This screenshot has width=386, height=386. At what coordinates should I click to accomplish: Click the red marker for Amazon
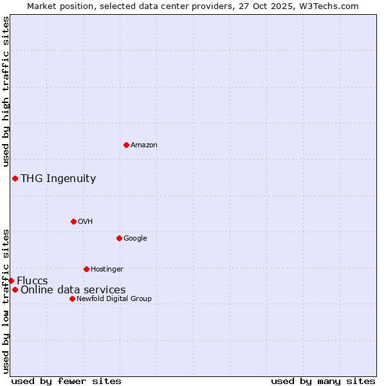(x=126, y=145)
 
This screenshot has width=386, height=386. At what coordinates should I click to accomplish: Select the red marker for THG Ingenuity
(x=15, y=178)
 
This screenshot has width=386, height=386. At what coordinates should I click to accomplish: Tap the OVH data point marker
(x=73, y=221)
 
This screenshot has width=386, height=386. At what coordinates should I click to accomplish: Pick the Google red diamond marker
(x=119, y=238)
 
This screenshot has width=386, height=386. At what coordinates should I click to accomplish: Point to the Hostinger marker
(x=86, y=269)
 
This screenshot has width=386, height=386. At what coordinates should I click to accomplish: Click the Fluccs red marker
(x=11, y=280)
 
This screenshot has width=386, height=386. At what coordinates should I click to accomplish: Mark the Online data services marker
(x=15, y=289)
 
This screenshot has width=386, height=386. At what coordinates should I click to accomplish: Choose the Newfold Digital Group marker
(x=72, y=299)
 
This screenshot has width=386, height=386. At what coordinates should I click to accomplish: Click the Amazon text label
(x=144, y=145)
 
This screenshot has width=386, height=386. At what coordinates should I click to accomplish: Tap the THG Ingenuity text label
(x=59, y=179)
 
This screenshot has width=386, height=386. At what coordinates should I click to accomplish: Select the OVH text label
(x=86, y=222)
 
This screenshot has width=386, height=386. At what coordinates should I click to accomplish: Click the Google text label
(x=135, y=239)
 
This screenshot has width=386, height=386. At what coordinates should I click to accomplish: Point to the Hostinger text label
(x=107, y=270)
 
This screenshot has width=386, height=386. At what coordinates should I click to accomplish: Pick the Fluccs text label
(x=32, y=281)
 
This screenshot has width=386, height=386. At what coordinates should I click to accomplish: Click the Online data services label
(x=73, y=290)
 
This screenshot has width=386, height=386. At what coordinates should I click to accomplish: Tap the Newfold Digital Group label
(x=114, y=299)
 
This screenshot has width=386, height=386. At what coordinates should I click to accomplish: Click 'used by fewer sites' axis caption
(x=66, y=381)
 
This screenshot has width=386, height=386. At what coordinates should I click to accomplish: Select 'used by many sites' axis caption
(x=323, y=381)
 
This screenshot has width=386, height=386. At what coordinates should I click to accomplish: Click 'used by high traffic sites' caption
(x=6, y=92)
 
